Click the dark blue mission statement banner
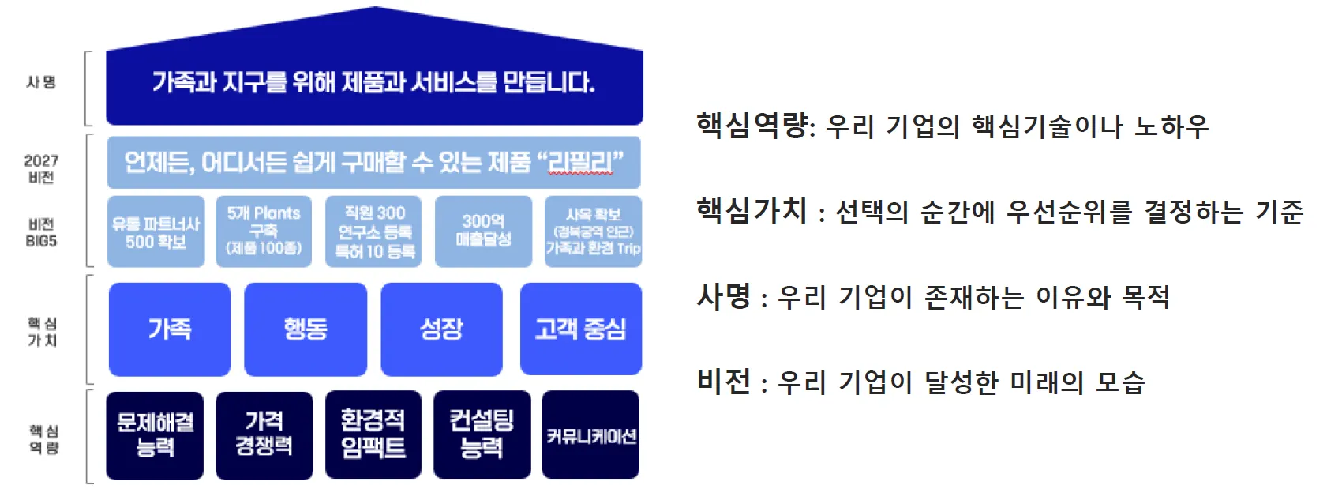click(374, 82)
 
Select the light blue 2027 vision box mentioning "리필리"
click(373, 162)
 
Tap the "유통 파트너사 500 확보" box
click(156, 232)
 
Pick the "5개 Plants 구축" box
click(264, 231)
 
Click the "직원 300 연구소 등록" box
click(374, 231)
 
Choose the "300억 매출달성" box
click(483, 231)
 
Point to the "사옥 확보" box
click(593, 231)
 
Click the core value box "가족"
click(170, 329)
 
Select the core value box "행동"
click(306, 329)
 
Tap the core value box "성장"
click(441, 329)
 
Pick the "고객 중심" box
click(580, 329)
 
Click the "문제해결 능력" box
click(155, 435)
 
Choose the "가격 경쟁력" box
click(264, 435)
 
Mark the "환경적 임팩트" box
click(373, 435)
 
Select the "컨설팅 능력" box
click(482, 435)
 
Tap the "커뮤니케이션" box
click(590, 435)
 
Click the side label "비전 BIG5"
click(41, 232)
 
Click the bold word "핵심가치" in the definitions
click(752, 211)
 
